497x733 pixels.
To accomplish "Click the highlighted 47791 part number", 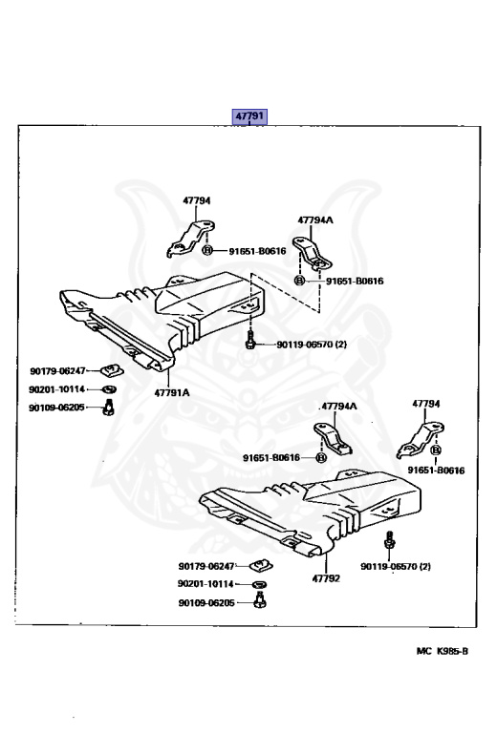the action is [249, 115].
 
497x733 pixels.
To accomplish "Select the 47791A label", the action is [172, 392].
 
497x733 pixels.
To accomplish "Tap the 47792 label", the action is [326, 578].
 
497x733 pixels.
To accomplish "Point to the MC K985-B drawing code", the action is [442, 651].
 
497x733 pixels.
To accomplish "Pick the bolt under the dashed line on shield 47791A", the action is [249, 339].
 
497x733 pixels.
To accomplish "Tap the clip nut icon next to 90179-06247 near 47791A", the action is [112, 371].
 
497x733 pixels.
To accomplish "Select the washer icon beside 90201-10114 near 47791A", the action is [109, 389].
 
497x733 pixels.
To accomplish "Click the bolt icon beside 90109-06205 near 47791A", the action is [109, 408].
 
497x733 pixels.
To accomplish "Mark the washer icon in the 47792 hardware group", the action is [259, 584].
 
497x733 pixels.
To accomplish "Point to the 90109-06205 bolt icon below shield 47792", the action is [259, 599].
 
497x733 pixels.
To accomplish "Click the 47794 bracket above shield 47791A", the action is [190, 239].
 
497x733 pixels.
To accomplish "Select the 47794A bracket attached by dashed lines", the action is [312, 254].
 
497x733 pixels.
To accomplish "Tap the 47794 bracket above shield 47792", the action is [421, 440].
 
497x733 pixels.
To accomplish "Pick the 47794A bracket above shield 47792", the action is [333, 438].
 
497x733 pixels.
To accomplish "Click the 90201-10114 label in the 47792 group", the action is [205, 584].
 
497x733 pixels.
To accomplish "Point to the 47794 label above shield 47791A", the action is [197, 200].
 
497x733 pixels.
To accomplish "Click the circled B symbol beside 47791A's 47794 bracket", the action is [207, 251].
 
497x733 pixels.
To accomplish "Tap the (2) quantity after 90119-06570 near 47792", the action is [424, 567].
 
